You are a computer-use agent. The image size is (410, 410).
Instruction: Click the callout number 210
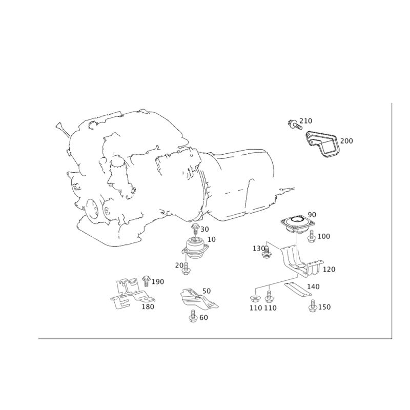tap(305, 121)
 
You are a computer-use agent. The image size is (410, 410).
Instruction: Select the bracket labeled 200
tap(322, 144)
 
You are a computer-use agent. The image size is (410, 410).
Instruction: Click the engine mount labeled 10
tap(195, 249)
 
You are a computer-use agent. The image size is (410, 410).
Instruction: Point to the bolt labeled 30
tap(195, 229)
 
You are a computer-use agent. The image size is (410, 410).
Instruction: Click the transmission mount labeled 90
tap(297, 224)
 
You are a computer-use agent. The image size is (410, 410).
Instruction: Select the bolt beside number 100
tap(311, 236)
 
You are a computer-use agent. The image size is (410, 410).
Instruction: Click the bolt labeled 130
tap(266, 252)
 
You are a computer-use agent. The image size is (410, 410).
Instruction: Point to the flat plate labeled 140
tap(298, 289)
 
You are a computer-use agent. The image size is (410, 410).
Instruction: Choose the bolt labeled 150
tap(312, 306)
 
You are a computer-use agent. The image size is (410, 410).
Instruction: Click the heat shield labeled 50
tap(199, 299)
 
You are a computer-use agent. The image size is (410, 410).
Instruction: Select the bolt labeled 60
tap(193, 316)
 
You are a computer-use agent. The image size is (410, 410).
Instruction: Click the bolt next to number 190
tap(146, 281)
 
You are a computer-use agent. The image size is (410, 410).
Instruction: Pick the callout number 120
tap(329, 269)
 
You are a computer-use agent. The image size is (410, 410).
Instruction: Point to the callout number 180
tap(148, 306)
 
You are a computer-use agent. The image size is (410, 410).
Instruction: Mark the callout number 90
tap(312, 215)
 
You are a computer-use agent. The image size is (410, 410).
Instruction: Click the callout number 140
tap(313, 286)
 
